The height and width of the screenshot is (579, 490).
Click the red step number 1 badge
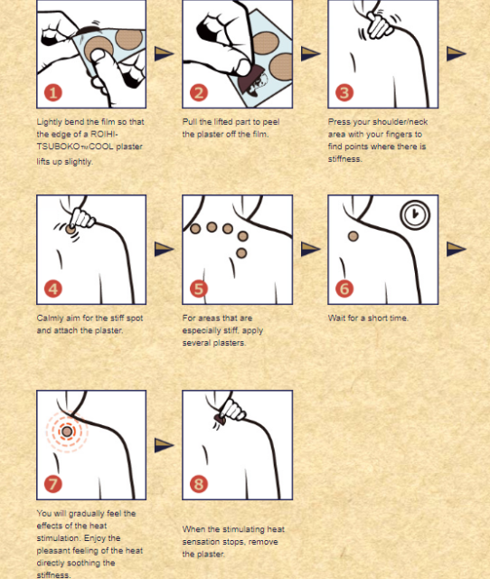click(x=53, y=92)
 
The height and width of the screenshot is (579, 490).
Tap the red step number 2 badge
click(x=199, y=92)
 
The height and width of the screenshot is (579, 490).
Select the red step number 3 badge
click(x=344, y=92)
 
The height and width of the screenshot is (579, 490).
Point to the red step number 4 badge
click(x=53, y=289)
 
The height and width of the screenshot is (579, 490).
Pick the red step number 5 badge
click(x=199, y=289)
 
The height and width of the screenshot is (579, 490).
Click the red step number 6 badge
click(x=344, y=289)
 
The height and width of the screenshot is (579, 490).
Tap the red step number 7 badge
click(x=53, y=484)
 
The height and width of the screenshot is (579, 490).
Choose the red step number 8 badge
click(x=199, y=484)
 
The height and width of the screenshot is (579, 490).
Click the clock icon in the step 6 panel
click(x=415, y=214)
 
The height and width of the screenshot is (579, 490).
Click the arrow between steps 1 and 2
click(x=164, y=53)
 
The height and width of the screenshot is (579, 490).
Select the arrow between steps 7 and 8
click(x=164, y=445)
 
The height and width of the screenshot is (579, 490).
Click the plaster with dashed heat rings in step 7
click(x=67, y=432)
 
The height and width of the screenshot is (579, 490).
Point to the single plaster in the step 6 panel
click(x=353, y=236)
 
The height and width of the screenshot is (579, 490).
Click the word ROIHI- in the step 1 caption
click(x=104, y=134)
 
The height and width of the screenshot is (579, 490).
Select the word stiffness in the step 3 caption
click(x=344, y=159)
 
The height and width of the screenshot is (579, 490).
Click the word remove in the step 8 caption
click(x=265, y=542)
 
